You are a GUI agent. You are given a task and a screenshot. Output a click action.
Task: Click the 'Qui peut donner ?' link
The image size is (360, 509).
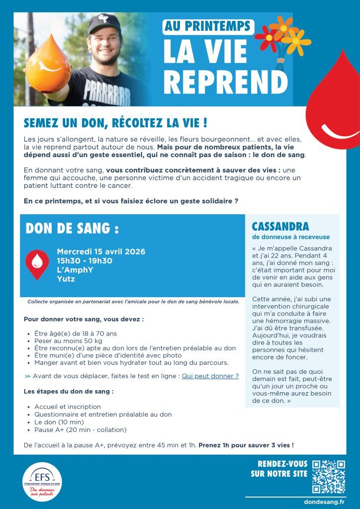tap(210, 376)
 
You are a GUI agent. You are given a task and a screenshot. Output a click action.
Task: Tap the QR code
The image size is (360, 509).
tap(328, 476)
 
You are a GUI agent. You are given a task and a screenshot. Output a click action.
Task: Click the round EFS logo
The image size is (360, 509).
tap(42, 481)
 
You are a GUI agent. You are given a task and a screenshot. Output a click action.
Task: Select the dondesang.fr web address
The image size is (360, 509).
tap(324, 502)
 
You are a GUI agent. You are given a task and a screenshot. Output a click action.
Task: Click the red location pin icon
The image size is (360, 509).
tap(37, 264)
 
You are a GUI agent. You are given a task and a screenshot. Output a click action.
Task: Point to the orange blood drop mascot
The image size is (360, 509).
tap(48, 69)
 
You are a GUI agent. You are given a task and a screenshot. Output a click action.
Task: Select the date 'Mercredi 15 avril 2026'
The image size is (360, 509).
tap(101, 252)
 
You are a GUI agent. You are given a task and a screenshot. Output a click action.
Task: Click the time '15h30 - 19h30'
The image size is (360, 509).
tap(85, 260)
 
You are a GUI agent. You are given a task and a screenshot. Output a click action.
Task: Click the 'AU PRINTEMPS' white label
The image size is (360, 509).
tap(208, 27)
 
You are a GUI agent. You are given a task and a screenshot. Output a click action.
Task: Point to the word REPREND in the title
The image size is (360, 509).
tap(225, 80)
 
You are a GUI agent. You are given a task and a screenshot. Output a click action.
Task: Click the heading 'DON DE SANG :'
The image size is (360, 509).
tap(72, 228)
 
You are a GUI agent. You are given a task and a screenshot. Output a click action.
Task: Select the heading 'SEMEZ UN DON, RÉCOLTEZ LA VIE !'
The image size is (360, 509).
tap(115, 122)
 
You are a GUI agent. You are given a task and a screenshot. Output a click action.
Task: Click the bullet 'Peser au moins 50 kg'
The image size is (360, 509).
tap(68, 341)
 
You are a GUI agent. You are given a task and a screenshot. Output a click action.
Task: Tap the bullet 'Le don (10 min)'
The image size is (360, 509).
tap(59, 422)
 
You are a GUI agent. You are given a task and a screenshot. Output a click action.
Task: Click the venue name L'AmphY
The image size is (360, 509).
tap(75, 269)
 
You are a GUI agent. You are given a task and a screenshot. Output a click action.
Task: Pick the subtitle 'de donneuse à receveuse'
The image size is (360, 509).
tap(291, 237)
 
